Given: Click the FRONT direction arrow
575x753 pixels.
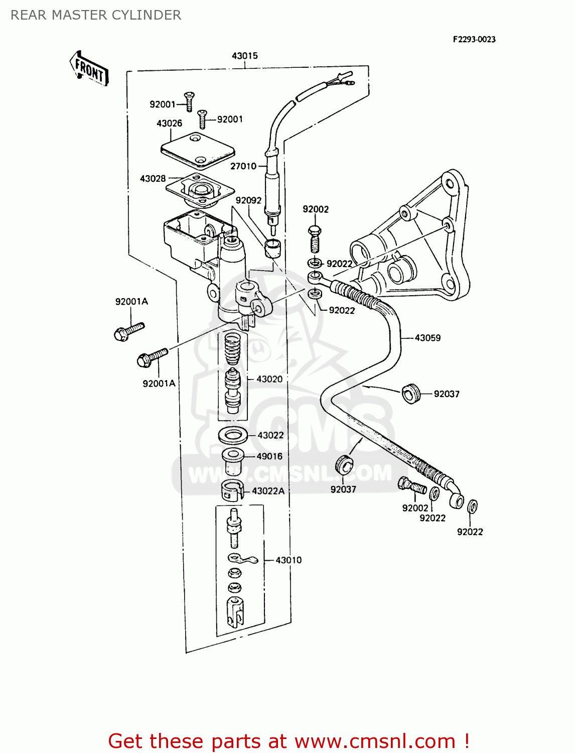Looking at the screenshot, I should pos(89,68).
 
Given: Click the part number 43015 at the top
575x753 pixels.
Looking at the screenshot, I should pos(244,56).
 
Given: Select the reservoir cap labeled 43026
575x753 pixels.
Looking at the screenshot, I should pos(198,149).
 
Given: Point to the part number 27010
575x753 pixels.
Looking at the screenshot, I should pos(243,166).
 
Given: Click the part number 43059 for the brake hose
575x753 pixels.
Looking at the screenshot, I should pos(427,338).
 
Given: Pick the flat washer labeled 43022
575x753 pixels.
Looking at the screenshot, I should pos(233,435).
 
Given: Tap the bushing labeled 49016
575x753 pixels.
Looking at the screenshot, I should pos(233,461).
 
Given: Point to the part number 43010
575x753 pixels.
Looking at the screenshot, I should pos(289,560).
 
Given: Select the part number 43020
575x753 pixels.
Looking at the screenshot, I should pos(269,379).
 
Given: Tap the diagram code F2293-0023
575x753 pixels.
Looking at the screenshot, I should pos(474,39).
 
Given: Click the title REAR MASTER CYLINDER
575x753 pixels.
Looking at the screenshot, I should pos(96,15).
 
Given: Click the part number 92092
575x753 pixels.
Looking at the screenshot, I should pos(248,200).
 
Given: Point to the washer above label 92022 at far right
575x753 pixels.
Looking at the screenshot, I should pos(472,507).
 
